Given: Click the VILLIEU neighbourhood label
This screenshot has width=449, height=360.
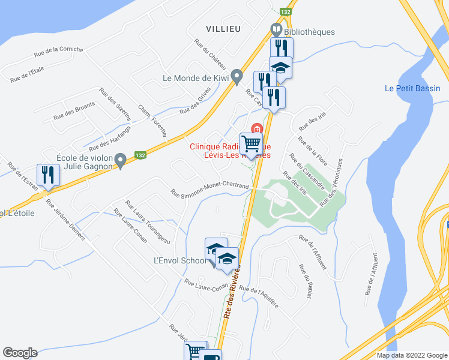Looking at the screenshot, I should point(223,28).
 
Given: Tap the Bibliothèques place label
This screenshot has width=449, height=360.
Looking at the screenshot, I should point(310,31).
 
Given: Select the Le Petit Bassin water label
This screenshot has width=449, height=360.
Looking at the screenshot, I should point(412,88).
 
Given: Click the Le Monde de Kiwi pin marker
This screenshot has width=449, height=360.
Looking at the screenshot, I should point(237,76).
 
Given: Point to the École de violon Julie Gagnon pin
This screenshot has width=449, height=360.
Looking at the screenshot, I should point(120,160).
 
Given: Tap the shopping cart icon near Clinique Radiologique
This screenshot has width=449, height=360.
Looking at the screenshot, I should point(251,144).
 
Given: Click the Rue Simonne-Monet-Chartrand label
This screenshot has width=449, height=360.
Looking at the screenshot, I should point(210,188).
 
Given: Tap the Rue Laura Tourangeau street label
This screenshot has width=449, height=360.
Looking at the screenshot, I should point(147,222).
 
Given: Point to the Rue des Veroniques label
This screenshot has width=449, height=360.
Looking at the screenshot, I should point(334,182).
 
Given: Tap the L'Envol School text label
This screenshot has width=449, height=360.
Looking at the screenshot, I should point(179,260).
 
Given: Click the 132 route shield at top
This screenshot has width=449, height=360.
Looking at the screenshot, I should point(288,11).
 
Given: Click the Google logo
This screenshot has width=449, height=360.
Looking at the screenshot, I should point(20,352).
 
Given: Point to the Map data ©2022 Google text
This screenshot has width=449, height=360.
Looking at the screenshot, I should point(412,355).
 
